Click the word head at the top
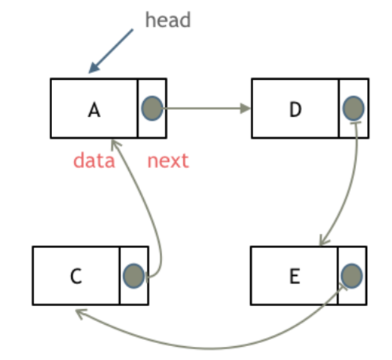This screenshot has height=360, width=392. pos(168,19)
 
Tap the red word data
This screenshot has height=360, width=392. pos(94,161)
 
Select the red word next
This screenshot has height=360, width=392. pos(168,161)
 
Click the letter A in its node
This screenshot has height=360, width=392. pos(94,110)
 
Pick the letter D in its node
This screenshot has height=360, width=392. pos(295,109)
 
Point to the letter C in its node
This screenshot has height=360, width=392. pos(76,276)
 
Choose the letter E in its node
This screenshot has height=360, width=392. pos(295,276)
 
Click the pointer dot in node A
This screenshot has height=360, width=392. pos(152,108)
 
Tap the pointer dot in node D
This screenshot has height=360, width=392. pos(353,108)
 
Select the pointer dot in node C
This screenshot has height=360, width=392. pos(134,276)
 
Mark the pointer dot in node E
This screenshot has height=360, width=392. pos(352,276)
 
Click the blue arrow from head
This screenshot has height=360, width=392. pos(111,51)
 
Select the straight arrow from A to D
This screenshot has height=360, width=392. pos(205,108)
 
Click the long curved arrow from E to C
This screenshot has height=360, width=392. pos(210,348)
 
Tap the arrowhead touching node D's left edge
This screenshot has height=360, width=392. pos(246,108)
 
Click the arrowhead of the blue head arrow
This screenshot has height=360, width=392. pos(94,68)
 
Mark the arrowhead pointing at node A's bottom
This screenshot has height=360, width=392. pos(115,144)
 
